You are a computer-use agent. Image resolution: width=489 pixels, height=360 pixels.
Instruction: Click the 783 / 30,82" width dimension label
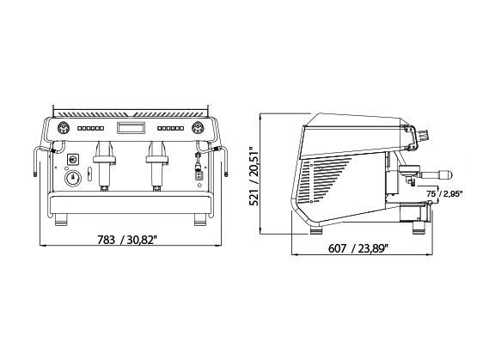126,240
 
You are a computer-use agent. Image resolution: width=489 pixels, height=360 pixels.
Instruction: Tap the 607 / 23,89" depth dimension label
358,248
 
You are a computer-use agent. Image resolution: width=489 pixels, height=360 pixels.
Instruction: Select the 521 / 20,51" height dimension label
254,176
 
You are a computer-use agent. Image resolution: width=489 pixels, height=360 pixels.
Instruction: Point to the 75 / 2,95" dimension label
444,194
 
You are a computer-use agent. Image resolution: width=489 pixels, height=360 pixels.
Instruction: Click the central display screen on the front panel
131,128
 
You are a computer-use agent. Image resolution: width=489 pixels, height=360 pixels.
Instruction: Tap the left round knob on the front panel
64,128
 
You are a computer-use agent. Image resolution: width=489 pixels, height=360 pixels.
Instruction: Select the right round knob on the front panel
198,128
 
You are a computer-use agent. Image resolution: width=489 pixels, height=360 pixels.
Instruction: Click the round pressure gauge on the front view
73,179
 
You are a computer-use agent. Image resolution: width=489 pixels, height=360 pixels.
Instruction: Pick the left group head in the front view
105,165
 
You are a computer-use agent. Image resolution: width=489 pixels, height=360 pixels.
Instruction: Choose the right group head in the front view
157,165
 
